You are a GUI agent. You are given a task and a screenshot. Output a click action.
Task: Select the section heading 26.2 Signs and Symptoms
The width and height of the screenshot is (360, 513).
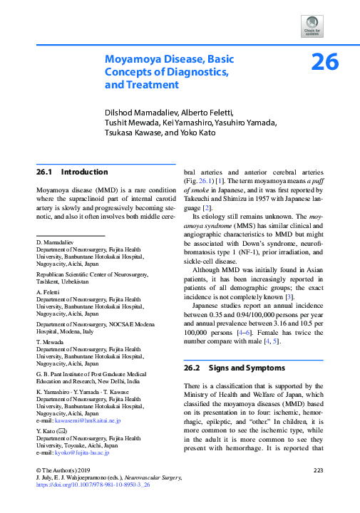tap(232, 370)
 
